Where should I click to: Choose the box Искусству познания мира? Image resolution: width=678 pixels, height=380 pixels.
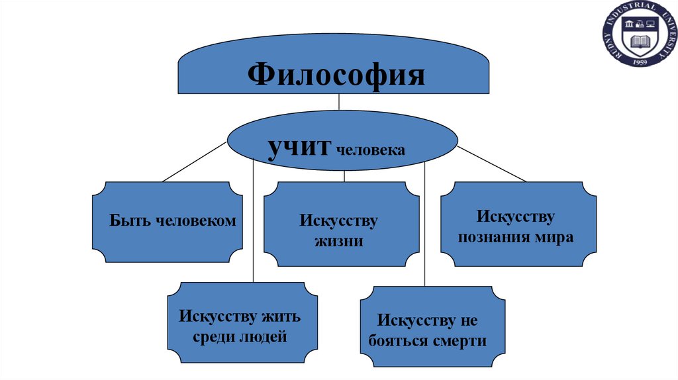518,226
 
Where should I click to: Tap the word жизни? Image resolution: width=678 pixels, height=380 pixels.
340,240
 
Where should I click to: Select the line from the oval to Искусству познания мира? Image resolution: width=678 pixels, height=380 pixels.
490,164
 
